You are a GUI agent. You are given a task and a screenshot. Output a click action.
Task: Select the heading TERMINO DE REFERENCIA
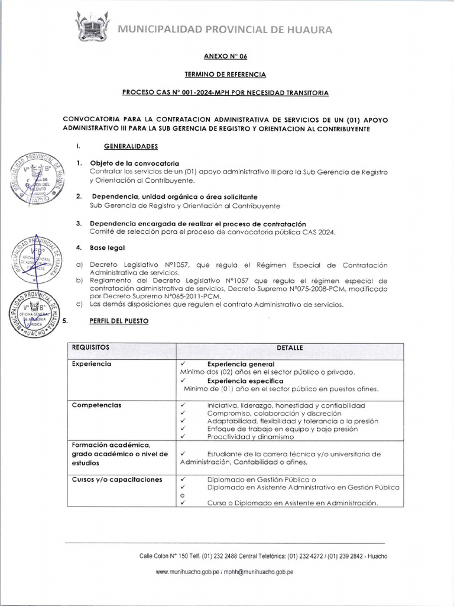[x=225, y=75]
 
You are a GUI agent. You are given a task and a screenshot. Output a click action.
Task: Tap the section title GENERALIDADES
[x=131, y=146]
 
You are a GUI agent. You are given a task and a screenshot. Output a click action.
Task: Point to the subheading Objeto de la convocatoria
[x=134, y=163]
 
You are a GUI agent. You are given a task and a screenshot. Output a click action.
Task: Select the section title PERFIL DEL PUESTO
[x=119, y=321]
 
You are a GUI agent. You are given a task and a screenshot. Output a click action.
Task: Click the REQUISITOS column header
[x=90, y=347]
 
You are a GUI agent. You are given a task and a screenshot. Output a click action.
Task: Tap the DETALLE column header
[x=289, y=349]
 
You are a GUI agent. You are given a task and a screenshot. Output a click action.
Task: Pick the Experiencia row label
[x=91, y=364]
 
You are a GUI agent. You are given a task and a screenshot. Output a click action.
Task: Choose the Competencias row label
[x=96, y=405]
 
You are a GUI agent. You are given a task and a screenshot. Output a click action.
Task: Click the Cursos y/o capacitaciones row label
[x=116, y=479]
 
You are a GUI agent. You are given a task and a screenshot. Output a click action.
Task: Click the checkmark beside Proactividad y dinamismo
[x=184, y=437]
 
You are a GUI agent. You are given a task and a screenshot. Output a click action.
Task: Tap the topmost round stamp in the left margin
[x=35, y=178]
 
